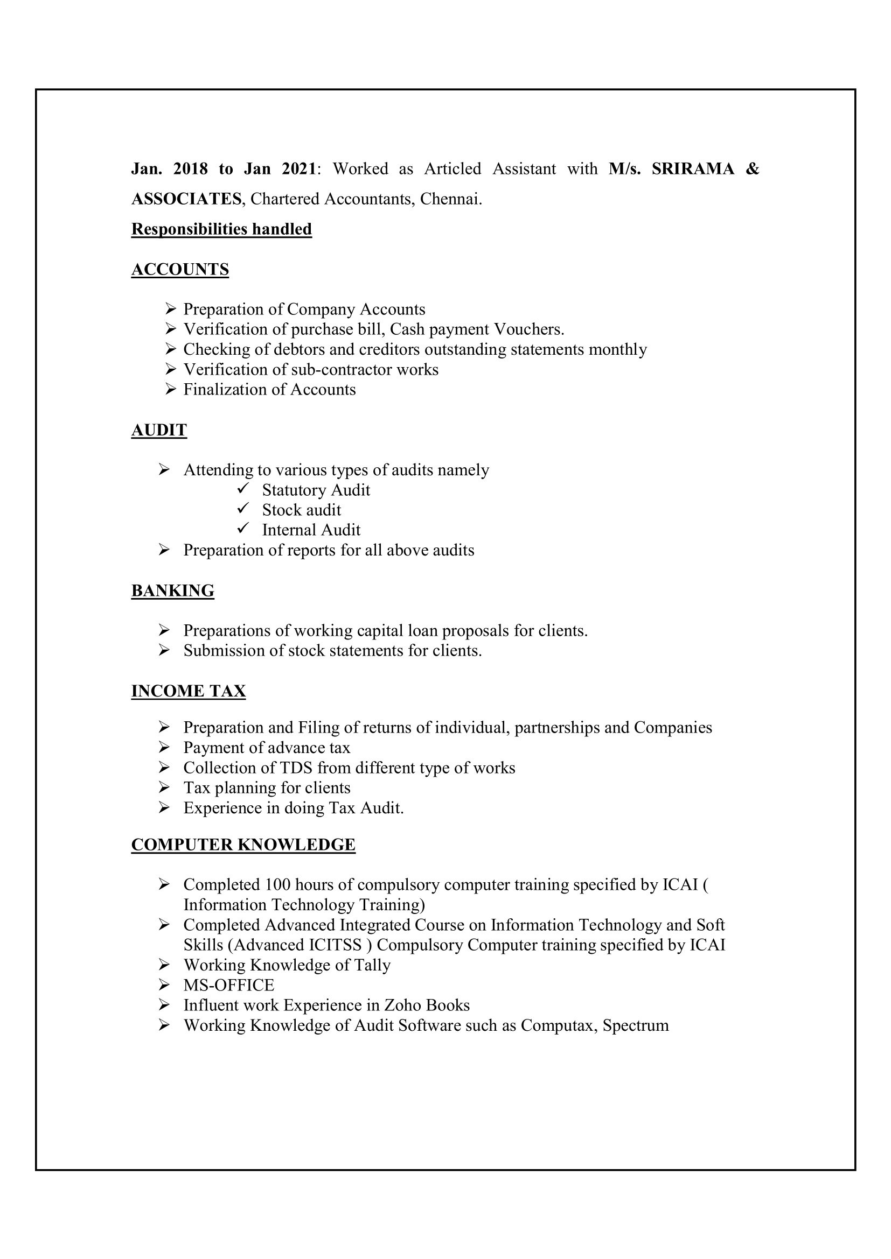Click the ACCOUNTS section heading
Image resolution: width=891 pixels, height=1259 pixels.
pyautogui.click(x=180, y=269)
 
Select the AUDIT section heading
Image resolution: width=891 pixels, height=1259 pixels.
pyautogui.click(x=159, y=430)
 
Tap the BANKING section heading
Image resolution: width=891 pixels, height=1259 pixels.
pyautogui.click(x=173, y=590)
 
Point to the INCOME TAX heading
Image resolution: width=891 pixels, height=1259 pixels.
pyautogui.click(x=188, y=691)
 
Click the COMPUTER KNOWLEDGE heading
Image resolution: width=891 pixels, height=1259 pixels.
pyautogui.click(x=243, y=845)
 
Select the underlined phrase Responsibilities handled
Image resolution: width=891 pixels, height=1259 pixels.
pyautogui.click(x=221, y=229)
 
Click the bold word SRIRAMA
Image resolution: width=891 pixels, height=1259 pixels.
pyautogui.click(x=692, y=168)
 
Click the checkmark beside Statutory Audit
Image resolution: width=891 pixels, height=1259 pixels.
pyautogui.click(x=243, y=488)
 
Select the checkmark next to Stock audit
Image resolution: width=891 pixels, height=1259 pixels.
pyautogui.click(x=243, y=508)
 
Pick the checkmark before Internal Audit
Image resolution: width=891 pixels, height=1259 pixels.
pyautogui.click(x=243, y=528)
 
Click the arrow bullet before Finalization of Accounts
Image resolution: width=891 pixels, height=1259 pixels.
pyautogui.click(x=171, y=389)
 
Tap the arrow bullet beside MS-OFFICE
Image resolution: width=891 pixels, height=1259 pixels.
pyautogui.click(x=164, y=985)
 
